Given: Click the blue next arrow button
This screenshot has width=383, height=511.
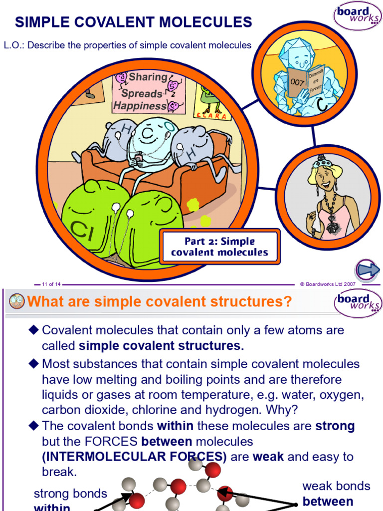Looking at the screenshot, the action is (x=369, y=270).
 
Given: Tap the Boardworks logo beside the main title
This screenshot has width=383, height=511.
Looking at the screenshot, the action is (x=358, y=18).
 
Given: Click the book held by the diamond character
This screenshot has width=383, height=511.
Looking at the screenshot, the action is (x=306, y=82).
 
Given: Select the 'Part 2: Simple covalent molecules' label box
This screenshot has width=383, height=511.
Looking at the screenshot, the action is (x=219, y=247).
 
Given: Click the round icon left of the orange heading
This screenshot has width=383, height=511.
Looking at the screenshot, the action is (x=17, y=301).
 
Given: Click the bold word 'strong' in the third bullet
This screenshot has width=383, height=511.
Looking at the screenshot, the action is (x=335, y=426).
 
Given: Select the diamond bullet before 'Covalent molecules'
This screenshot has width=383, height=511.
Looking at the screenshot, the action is (x=34, y=330).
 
